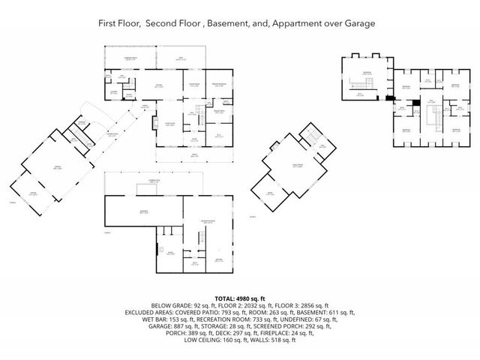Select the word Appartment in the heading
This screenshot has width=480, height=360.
tap(298, 24)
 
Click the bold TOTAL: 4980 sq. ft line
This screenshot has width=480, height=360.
tap(239, 297)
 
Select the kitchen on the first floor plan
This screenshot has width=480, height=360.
tap(159, 85)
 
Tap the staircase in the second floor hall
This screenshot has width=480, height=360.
tap(432, 115)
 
